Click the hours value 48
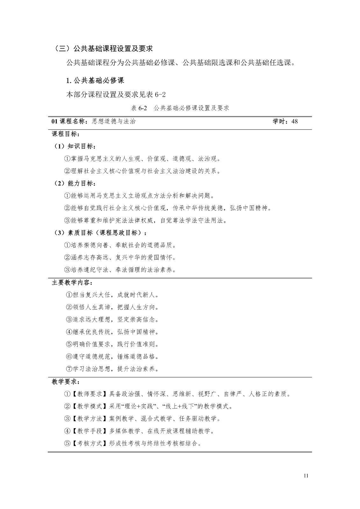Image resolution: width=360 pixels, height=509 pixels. (x=294, y=121)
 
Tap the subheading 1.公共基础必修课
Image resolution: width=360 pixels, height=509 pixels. (x=95, y=80)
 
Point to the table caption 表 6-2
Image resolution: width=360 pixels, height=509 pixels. (x=139, y=108)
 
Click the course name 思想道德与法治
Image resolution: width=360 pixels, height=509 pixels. (x=114, y=121)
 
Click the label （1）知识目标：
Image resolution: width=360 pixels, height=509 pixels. (x=75, y=146)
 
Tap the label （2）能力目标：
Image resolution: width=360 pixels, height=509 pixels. (x=75, y=184)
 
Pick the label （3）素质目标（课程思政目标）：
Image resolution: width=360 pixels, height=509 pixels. (x=101, y=233)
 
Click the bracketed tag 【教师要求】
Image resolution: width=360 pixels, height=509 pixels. (x=88, y=394)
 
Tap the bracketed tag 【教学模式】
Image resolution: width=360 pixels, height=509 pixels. (x=88, y=407)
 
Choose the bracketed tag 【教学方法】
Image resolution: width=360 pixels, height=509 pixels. (x=88, y=419)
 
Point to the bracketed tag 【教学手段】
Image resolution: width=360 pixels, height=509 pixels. (x=88, y=431)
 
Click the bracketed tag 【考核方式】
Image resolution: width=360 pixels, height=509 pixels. (x=88, y=443)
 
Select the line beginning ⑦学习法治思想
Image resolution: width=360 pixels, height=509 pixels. (x=112, y=369)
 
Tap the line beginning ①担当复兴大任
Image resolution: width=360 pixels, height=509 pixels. (x=112, y=295)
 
